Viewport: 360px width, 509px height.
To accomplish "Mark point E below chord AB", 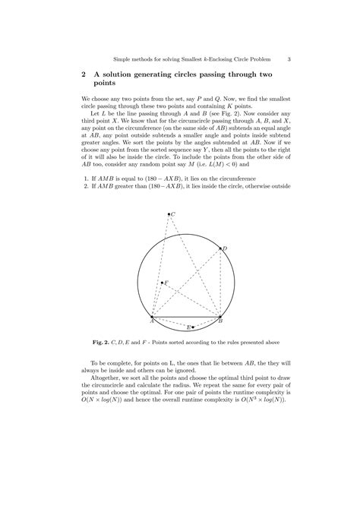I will (193, 327).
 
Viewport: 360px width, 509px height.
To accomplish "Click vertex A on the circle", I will (153, 317).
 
